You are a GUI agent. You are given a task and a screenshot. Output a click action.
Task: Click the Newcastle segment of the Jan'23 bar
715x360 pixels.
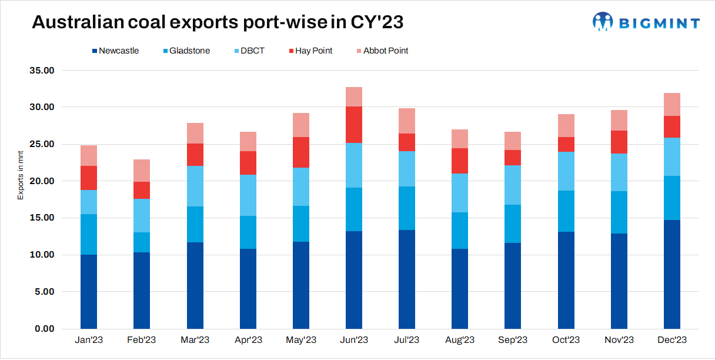click(89, 291)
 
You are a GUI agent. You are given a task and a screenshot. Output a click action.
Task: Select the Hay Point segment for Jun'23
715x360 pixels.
click(354, 125)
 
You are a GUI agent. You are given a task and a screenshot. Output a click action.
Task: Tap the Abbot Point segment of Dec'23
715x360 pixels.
click(672, 104)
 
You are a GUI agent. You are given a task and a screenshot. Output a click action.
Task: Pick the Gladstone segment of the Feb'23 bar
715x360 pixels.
click(142, 242)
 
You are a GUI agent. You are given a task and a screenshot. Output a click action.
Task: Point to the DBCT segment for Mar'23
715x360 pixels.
click(195, 186)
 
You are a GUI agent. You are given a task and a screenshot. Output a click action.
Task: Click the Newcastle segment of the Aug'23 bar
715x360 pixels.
click(460, 288)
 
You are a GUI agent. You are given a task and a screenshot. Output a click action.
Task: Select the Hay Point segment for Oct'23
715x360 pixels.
click(566, 144)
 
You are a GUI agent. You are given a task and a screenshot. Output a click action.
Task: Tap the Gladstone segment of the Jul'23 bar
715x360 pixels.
click(407, 208)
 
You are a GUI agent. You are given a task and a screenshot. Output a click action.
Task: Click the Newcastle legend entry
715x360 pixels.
click(118, 51)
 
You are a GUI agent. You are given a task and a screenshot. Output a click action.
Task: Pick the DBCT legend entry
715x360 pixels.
click(249, 51)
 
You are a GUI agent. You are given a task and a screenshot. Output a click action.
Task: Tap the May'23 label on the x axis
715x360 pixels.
click(301, 340)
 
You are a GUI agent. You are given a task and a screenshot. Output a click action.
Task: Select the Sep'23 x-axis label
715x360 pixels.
click(513, 340)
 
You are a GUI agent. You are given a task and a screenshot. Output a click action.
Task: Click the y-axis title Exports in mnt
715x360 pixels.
click(21, 174)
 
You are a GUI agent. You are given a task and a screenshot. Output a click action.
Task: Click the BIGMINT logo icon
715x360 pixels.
click(603, 22)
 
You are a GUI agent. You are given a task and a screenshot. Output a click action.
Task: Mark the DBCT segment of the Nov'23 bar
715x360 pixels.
click(619, 172)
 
